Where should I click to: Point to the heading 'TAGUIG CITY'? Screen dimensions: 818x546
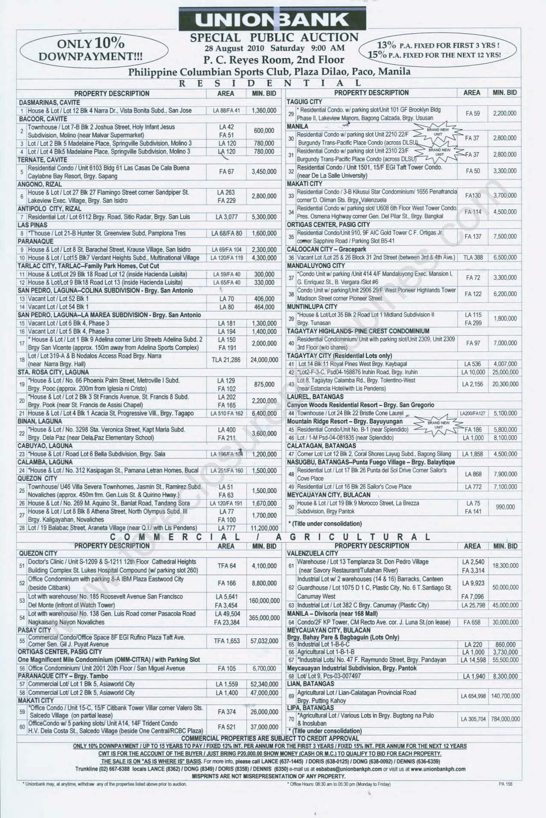[304, 102]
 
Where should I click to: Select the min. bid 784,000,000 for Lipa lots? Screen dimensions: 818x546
[505, 719]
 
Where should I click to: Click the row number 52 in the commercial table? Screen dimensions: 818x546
[22, 583]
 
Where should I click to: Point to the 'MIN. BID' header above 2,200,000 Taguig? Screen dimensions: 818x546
[504, 92]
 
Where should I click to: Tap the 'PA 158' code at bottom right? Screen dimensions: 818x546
[505, 784]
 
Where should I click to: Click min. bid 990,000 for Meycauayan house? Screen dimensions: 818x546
[505, 507]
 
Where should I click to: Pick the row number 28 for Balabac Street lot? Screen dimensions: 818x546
[22, 528]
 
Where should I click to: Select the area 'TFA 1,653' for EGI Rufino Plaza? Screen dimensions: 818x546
[226, 641]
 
